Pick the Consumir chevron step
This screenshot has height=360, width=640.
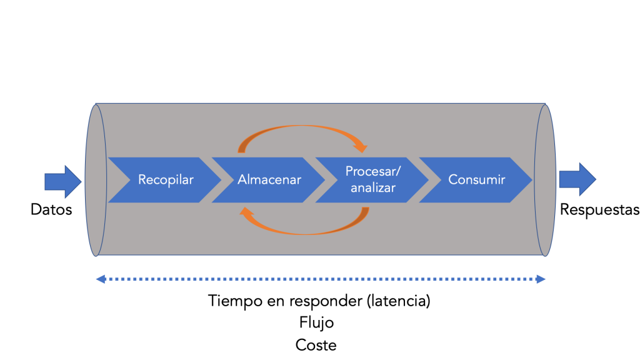coord(476,180)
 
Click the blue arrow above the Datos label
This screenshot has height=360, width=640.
coord(63,182)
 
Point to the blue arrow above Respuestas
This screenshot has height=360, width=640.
coord(577,179)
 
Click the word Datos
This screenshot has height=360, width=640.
coord(51,210)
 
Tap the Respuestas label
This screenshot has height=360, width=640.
coord(599,210)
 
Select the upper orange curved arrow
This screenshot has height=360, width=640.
coord(302,126)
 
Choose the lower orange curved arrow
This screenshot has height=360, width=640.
coord(305,233)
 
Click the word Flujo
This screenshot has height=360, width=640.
coord(316,323)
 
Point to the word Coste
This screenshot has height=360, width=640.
coord(316,345)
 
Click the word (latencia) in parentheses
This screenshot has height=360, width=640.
coord(398,301)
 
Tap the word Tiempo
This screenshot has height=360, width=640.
coord(235,301)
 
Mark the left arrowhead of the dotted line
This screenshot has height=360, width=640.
coord(101,279)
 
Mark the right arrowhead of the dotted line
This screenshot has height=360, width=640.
coord(541,279)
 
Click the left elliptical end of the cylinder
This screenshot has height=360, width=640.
coord(96,180)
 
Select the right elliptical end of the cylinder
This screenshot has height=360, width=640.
coord(545,180)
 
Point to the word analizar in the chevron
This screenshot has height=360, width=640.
coord(373,188)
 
